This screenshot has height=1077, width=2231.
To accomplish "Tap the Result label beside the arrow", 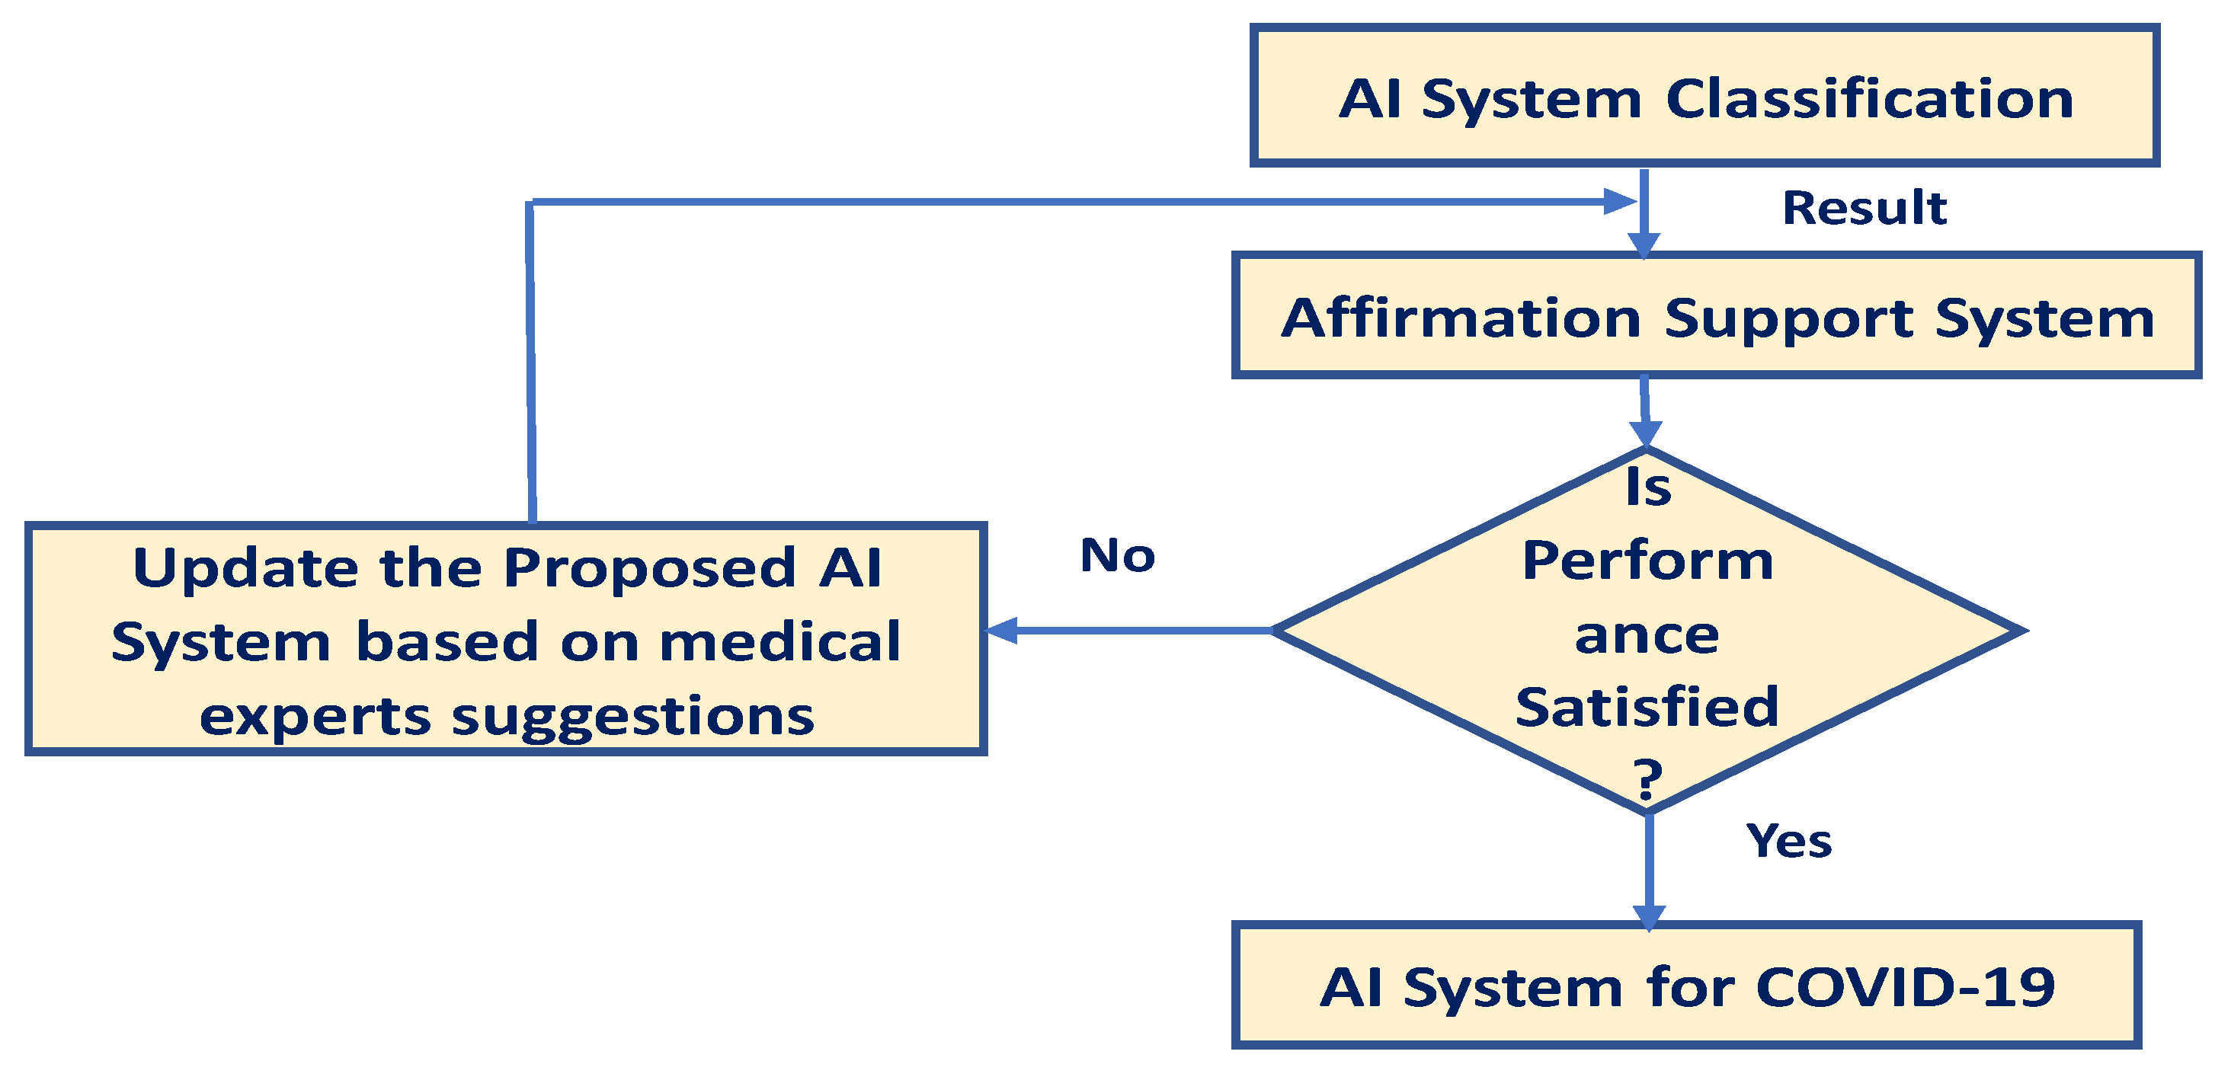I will coord(1864,209).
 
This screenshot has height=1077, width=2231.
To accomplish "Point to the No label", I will coord(1117,555).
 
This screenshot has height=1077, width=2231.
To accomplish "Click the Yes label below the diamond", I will coord(1788,841).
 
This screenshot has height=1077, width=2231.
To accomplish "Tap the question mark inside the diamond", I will coord(1648,778).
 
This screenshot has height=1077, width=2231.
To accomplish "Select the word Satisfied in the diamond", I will coord(1647,708).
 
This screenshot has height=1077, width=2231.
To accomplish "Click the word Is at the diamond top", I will coord(1648,487).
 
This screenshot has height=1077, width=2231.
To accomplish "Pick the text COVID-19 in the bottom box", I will coord(1906,987).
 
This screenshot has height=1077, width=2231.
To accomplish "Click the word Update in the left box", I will coord(246,569).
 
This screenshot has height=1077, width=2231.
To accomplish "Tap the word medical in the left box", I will coord(780,642).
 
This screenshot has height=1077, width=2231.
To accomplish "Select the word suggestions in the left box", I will coord(633,717).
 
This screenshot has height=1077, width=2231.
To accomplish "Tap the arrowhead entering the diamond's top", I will coord(1646,433).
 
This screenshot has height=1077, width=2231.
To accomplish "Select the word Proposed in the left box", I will coord(649,569).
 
